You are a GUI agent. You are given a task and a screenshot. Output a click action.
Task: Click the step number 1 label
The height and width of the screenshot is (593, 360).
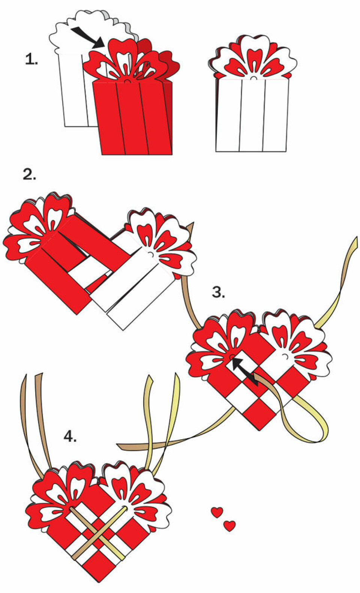pos(31,60)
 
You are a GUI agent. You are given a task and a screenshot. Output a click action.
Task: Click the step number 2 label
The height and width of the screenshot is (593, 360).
pos(29,175)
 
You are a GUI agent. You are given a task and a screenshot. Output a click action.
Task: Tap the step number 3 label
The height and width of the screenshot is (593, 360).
pos(219,292)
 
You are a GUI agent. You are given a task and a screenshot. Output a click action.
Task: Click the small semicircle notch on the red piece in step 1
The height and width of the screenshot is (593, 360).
pos(127,82)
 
